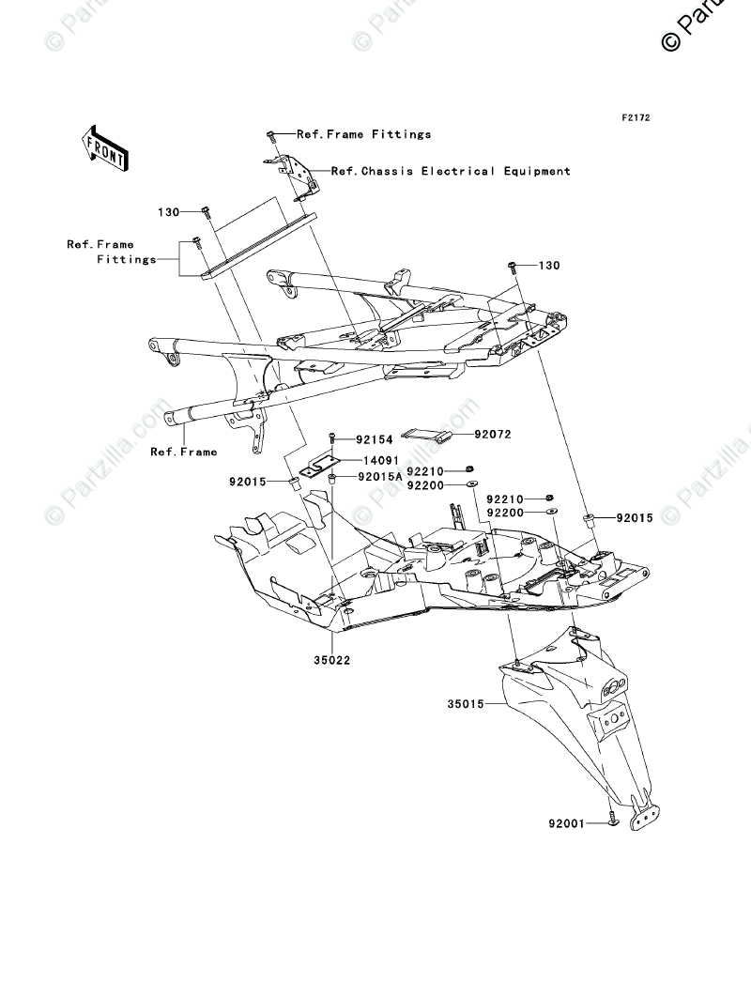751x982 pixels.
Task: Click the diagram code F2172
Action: click(x=636, y=118)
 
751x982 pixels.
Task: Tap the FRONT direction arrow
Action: click(x=104, y=147)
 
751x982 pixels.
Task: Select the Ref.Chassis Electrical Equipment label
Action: click(x=451, y=172)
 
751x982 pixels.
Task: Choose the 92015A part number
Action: click(x=379, y=477)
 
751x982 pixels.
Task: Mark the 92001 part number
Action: click(x=567, y=823)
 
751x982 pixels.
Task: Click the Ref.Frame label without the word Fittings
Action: click(x=183, y=452)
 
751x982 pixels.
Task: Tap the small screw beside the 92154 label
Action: click(x=331, y=438)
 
